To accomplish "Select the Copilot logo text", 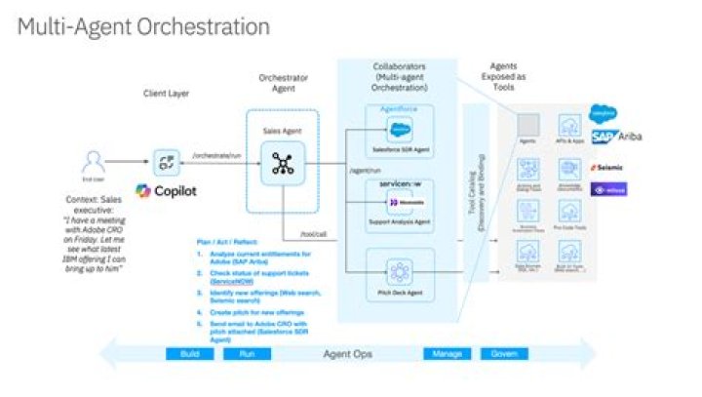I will [173, 190].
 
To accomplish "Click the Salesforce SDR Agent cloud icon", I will [400, 132].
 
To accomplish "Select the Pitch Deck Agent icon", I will [400, 269].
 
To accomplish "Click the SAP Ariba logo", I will [614, 138].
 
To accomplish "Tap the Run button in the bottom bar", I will [247, 354].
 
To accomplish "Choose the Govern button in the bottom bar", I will [503, 354].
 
